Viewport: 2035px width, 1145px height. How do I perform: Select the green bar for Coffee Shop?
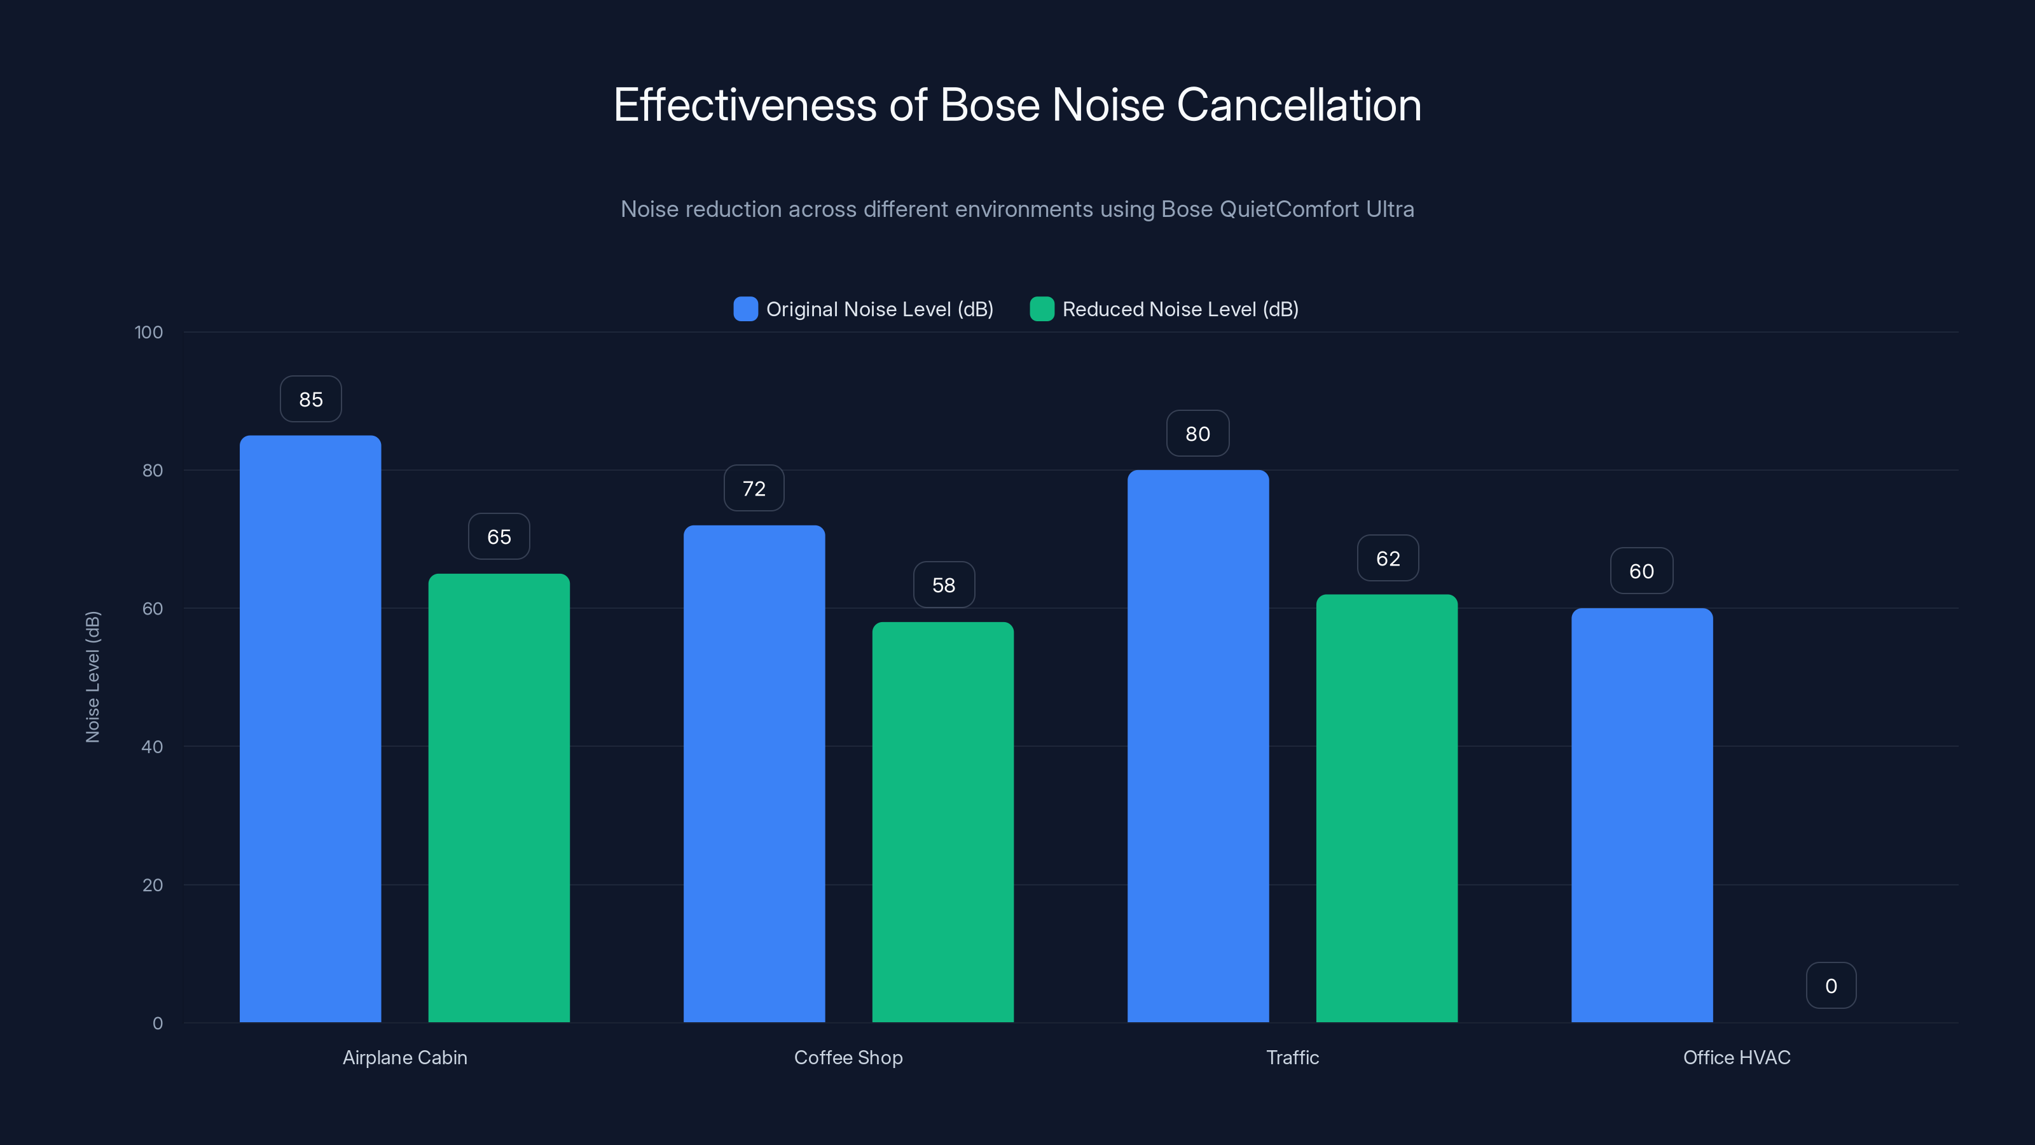(x=942, y=822)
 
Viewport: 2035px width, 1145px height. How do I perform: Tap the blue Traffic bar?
(x=1197, y=746)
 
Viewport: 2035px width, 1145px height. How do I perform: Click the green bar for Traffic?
(x=1386, y=808)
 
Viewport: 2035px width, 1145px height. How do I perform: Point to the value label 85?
(x=310, y=399)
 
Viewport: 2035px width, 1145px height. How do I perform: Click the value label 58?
(x=943, y=585)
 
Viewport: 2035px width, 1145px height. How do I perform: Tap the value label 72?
(x=754, y=489)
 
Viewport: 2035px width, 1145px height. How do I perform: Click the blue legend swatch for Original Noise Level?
(x=745, y=309)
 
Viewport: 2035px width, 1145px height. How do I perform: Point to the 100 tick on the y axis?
(x=149, y=333)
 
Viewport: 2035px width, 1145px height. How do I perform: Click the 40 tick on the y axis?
(x=152, y=747)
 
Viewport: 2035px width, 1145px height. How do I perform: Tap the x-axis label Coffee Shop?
(x=848, y=1057)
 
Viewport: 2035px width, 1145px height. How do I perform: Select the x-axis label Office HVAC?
(x=1735, y=1057)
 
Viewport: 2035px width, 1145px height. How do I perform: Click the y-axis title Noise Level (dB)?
(x=92, y=677)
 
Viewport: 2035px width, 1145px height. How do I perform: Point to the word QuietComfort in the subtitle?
(x=1289, y=209)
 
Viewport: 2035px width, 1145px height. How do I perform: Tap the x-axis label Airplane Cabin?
(x=404, y=1057)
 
